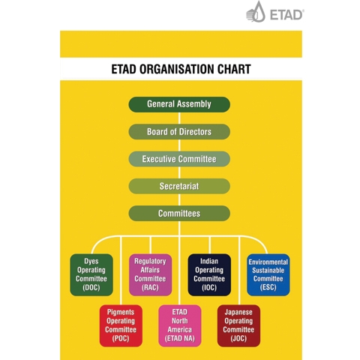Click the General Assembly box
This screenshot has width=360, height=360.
[179, 104]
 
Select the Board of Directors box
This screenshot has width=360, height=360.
[179, 131]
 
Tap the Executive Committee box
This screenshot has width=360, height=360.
[179, 159]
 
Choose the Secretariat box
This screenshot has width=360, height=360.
[179, 186]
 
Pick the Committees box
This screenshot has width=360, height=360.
[179, 213]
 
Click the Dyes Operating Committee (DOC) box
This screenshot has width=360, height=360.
[91, 274]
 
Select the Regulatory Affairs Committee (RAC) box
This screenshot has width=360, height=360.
[150, 274]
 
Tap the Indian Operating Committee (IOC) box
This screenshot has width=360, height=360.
[209, 274]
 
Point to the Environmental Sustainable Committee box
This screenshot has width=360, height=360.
[268, 274]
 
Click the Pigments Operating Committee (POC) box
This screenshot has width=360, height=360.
[121, 325]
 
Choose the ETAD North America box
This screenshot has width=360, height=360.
[180, 325]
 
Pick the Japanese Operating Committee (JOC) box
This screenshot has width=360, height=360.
[238, 325]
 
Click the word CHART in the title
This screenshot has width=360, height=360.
[234, 69]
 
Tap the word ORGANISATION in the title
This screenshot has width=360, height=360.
[177, 69]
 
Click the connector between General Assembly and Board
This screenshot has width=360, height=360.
[179, 118]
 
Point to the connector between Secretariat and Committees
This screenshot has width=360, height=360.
[179, 199]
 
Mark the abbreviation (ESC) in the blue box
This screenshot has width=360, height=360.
[268, 287]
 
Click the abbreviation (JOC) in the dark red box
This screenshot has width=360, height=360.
[238, 338]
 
